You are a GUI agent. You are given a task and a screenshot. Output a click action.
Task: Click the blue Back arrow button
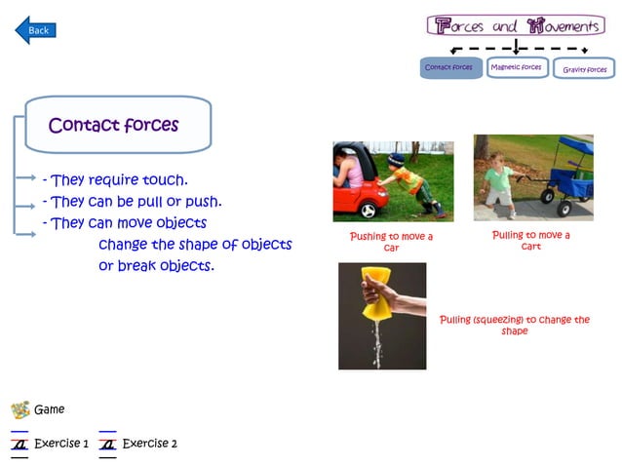35,30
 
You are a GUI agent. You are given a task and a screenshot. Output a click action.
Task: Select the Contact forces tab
450,68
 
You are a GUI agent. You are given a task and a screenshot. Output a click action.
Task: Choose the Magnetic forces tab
517,68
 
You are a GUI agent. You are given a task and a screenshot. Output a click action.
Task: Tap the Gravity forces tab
585,69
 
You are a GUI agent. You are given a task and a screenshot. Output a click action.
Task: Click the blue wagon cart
570,175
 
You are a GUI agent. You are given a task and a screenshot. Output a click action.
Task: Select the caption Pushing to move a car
391,242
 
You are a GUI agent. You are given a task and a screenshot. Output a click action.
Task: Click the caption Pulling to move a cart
530,240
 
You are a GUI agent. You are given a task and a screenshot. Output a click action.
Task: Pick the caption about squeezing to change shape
514,325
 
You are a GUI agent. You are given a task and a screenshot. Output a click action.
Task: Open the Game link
49,409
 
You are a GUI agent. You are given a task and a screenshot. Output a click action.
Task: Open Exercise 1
61,444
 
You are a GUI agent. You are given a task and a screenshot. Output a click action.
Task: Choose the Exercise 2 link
149,444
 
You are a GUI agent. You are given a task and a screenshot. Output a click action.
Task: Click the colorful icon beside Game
19,409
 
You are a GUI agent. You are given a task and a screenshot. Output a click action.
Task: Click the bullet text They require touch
115,179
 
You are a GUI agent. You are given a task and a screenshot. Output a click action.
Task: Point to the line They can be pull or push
132,202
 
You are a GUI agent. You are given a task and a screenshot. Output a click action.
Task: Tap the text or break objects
156,265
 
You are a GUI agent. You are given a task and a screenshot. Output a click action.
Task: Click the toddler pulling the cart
499,178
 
